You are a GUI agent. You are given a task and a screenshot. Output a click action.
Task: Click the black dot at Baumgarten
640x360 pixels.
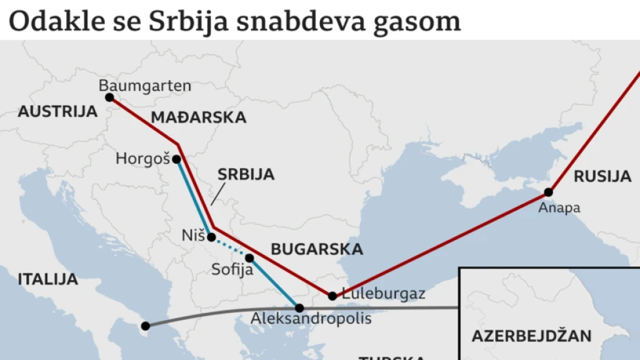(110, 97)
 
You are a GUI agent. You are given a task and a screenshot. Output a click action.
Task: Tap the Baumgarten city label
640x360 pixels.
(145, 86)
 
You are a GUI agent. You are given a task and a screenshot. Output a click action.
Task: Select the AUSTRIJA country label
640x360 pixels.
(58, 111)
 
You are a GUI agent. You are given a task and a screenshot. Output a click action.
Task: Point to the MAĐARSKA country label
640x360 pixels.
(199, 117)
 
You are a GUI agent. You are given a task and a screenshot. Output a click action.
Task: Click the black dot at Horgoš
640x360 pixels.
(176, 159)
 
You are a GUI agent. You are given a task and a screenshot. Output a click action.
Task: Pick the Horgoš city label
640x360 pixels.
(142, 159)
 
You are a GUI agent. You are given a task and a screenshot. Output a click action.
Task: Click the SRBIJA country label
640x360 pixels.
(246, 174)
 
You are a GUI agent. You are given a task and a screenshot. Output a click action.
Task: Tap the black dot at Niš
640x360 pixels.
(211, 237)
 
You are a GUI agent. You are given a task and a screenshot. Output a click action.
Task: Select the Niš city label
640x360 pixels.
(193, 235)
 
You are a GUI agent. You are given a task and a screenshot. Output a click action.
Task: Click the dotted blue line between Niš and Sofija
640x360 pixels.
(231, 247)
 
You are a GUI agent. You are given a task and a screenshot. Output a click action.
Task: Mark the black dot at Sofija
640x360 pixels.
(249, 258)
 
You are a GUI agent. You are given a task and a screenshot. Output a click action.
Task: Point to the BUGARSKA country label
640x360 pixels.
(317, 249)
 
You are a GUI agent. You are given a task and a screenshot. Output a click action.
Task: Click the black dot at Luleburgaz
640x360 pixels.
(332, 296)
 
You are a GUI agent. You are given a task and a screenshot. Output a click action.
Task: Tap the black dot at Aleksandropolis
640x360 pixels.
(299, 308)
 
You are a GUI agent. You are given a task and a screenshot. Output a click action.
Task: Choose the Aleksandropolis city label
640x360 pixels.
(311, 319)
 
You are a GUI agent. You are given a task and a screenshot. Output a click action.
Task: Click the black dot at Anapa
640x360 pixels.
(548, 192)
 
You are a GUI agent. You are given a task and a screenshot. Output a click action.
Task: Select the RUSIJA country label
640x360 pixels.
(602, 176)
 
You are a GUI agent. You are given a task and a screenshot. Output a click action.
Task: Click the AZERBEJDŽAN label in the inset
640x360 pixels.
(531, 336)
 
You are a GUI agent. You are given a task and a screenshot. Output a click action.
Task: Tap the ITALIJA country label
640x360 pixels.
(48, 279)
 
